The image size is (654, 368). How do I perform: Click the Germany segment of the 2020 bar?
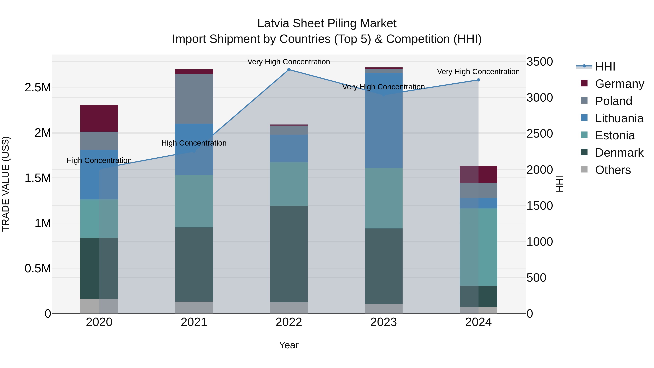click(x=99, y=118)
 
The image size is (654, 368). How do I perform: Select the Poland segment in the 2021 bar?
click(x=194, y=99)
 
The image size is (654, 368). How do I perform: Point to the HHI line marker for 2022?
click(x=289, y=70)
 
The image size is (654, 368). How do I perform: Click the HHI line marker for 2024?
click(x=478, y=80)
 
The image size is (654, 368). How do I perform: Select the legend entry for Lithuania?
click(x=619, y=118)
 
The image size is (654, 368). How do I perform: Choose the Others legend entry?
click(x=613, y=170)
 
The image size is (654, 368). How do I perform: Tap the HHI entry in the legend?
click(x=605, y=67)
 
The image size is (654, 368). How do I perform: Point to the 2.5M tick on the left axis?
click(x=38, y=88)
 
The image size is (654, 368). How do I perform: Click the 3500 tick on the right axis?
click(x=540, y=62)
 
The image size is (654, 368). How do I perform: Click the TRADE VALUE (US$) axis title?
click(x=6, y=184)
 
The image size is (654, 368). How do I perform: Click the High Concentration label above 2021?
click(x=194, y=143)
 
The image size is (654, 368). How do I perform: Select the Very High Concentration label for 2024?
click(x=478, y=72)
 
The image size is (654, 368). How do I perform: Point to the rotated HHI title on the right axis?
click(x=560, y=184)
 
